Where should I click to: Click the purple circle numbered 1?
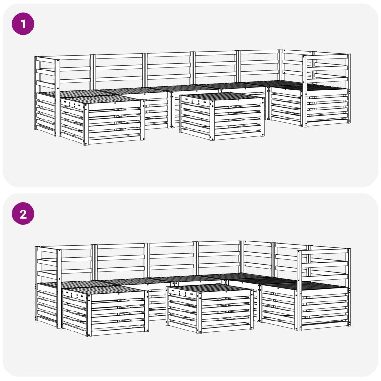[x=23, y=24]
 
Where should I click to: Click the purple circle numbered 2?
[x=23, y=214]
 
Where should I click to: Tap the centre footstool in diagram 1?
[x=222, y=116]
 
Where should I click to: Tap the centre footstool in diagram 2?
[x=210, y=309]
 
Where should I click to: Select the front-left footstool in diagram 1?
[x=102, y=120]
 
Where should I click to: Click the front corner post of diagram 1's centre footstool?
[x=212, y=120]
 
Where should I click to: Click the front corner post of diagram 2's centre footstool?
[x=199, y=313]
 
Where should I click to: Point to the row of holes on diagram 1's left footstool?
[x=72, y=104]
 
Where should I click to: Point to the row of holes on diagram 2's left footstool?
[x=74, y=295]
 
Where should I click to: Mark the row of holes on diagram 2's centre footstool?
[x=183, y=293]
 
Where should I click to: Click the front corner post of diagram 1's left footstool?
[x=86, y=124]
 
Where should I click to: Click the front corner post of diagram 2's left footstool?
[x=89, y=316]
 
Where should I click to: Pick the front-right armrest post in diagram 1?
[x=305, y=91]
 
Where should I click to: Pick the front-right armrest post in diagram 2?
[x=299, y=290]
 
